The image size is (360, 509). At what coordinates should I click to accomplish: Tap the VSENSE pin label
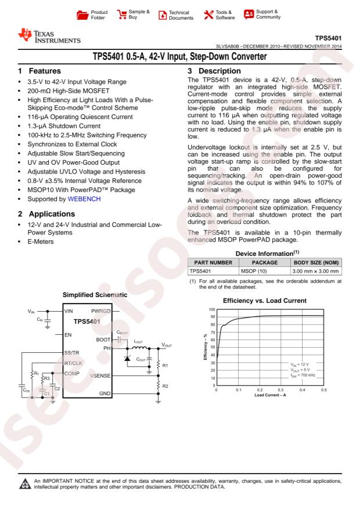pos(100,376)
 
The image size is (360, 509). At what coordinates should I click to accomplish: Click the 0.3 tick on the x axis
pos(281,390)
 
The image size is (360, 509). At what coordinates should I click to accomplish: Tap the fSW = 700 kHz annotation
pos(304,376)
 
